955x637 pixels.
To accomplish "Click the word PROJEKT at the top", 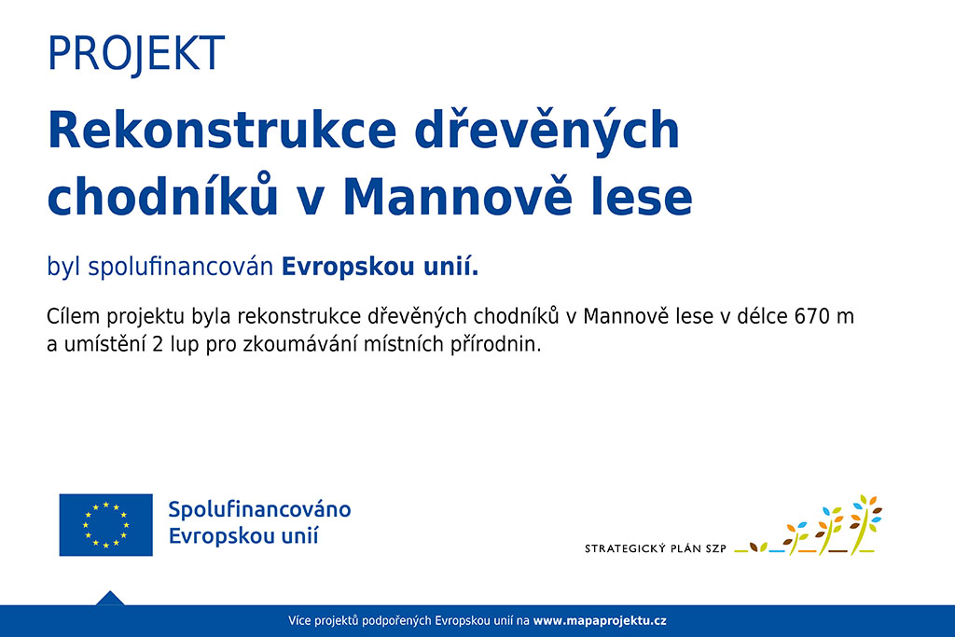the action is point(136,53).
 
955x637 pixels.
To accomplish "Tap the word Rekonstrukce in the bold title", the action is point(222,130).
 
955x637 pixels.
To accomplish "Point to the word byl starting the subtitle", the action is point(64,268).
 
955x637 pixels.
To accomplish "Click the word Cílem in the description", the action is point(73,317).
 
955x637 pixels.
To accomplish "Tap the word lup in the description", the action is point(185,345).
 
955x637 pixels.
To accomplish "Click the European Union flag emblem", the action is point(106,525).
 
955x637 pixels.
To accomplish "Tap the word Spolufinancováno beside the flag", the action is point(259,510).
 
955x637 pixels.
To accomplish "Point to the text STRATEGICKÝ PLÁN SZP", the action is point(656,548).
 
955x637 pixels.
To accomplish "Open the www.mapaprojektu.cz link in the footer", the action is point(600,621).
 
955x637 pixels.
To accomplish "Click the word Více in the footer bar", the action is point(299,621).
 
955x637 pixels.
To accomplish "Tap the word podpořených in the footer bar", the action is point(396,621).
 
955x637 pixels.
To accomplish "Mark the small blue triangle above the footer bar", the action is point(110,600).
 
